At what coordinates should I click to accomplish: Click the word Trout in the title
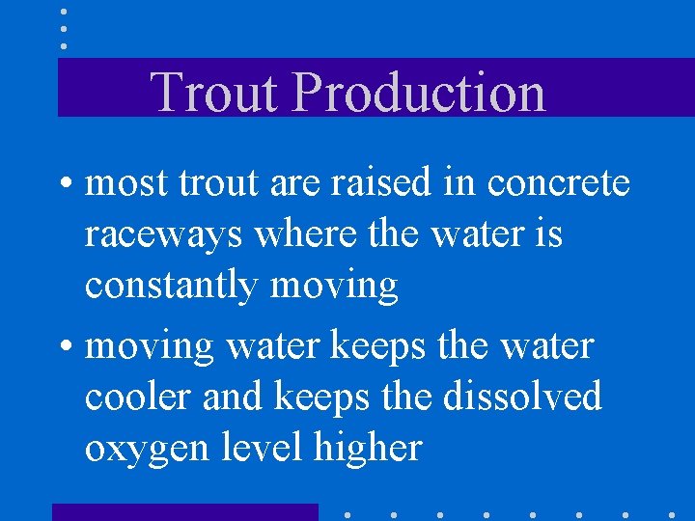(x=215, y=92)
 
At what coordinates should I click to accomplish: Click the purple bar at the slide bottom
(x=184, y=512)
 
